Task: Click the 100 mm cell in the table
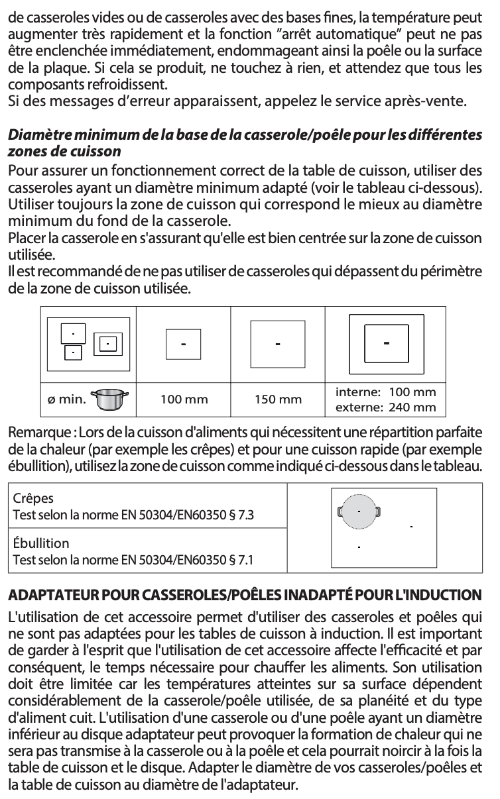click(x=184, y=399)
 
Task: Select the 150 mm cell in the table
click(x=278, y=399)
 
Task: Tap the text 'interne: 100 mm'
click(x=385, y=392)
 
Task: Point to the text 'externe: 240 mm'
click(x=385, y=407)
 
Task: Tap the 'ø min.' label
click(x=67, y=399)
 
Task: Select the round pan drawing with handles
click(x=359, y=511)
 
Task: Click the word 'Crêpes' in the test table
click(x=34, y=498)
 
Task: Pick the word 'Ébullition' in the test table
click(x=41, y=543)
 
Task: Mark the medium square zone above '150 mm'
click(x=277, y=344)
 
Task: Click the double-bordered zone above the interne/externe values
click(x=385, y=343)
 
